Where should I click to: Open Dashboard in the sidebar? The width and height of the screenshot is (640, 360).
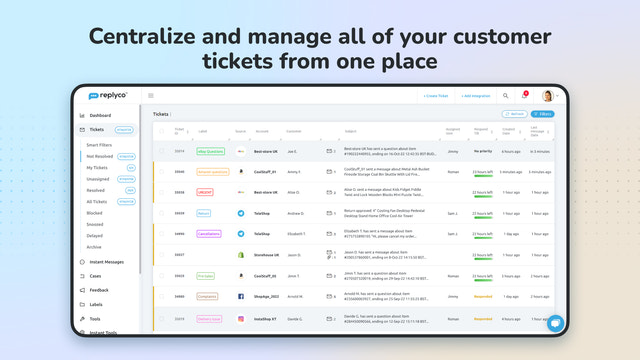click(99, 116)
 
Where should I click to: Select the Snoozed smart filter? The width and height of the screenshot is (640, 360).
click(94, 224)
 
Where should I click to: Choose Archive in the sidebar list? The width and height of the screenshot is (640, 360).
click(93, 246)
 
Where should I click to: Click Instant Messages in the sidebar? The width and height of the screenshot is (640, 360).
click(106, 261)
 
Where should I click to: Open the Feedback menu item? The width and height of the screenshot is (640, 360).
click(98, 290)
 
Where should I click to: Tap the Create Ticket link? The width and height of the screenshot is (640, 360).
click(436, 96)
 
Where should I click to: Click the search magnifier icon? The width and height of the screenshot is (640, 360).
click(505, 96)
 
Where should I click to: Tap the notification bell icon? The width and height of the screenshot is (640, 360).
click(523, 96)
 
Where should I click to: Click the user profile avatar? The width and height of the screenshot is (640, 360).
click(547, 96)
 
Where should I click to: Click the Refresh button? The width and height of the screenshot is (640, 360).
click(516, 115)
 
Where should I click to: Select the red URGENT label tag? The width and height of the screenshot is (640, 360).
click(204, 191)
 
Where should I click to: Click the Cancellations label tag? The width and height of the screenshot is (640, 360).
click(208, 233)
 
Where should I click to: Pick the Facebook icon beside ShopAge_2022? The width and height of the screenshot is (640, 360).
click(241, 297)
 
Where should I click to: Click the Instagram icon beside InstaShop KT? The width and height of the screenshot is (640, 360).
click(241, 318)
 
